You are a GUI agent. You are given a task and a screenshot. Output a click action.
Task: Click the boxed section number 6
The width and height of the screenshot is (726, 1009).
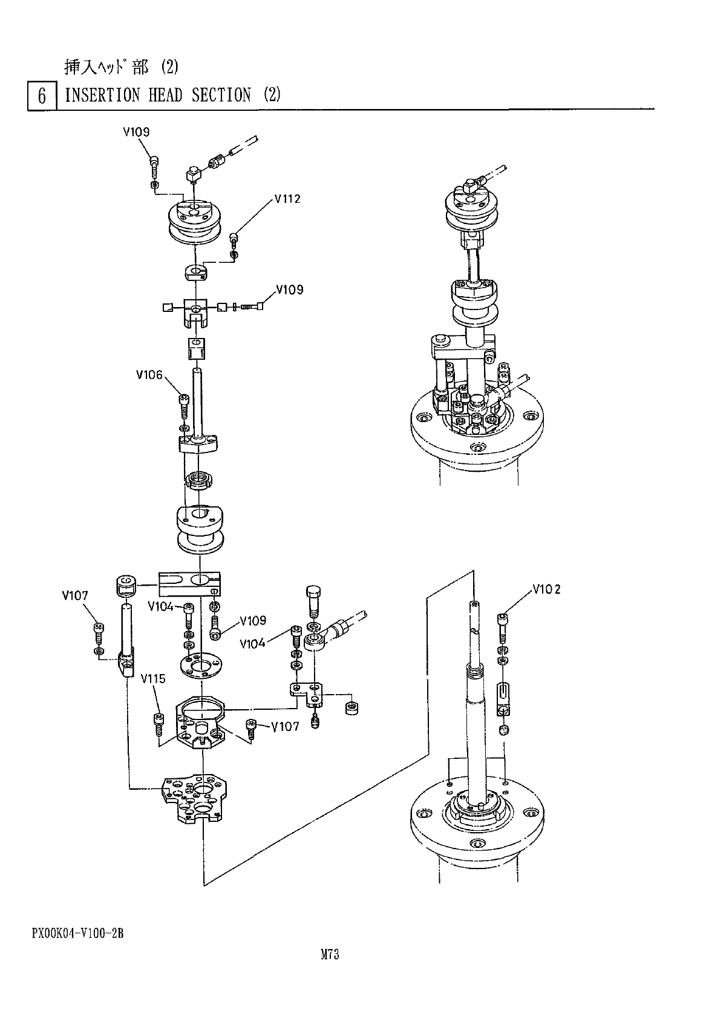click(42, 96)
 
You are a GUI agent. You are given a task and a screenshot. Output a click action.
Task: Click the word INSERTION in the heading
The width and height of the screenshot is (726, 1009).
click(102, 95)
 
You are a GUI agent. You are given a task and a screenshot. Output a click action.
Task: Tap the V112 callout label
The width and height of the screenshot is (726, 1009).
click(287, 199)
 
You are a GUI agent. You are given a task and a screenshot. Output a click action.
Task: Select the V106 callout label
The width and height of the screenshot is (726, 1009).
click(149, 375)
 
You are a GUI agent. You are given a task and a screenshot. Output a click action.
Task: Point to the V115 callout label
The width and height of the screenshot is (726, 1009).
click(153, 679)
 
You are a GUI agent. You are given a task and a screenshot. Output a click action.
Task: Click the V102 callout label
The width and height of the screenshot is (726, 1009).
click(546, 589)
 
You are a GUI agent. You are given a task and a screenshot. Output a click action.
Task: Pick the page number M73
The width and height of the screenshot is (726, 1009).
click(329, 954)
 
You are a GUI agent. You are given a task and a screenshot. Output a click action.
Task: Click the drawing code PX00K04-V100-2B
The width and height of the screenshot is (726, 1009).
click(78, 933)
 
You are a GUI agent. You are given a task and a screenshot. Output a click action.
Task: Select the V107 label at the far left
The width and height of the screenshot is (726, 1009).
click(75, 596)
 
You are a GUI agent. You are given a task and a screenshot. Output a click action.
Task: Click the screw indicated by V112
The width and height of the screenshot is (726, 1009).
click(234, 237)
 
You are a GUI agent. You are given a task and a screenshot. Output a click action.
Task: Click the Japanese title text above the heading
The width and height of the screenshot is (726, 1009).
click(121, 67)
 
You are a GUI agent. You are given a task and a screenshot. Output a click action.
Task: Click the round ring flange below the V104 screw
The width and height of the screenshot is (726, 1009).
click(199, 665)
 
